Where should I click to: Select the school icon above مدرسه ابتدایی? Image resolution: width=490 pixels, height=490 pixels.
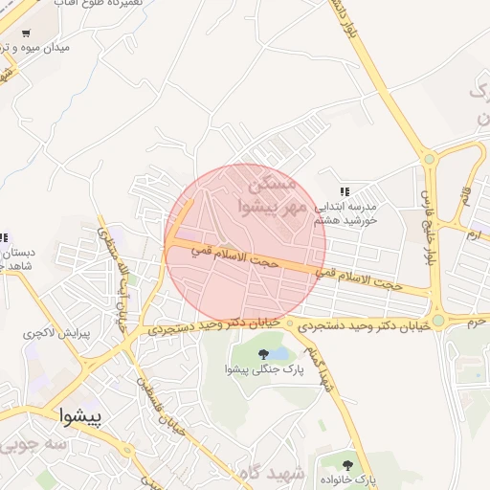click(345, 192)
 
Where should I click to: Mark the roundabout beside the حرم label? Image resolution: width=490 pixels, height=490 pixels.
click(437, 321)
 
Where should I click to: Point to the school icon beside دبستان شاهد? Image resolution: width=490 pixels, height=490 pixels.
click(3, 237)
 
